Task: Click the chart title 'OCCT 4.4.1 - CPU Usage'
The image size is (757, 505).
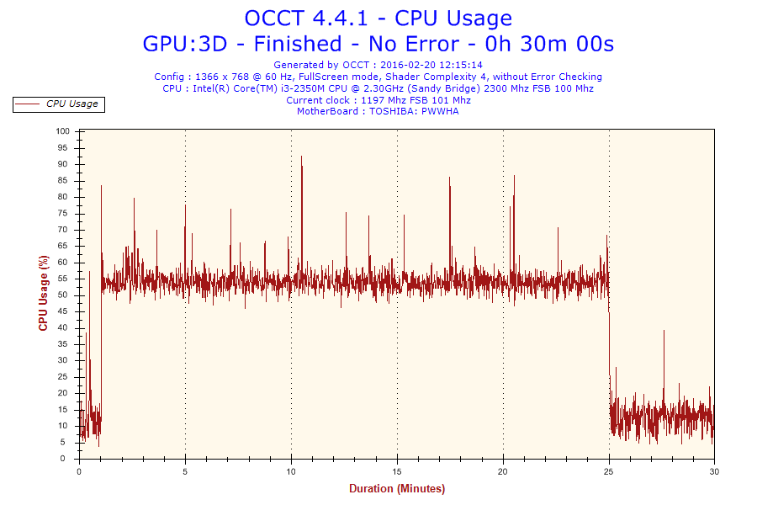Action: [378, 18]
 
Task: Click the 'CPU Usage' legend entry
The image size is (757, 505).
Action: [71, 104]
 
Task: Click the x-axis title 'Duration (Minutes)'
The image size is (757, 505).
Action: [397, 488]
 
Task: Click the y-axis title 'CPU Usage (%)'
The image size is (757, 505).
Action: [43, 293]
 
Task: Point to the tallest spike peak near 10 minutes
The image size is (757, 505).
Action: [301, 157]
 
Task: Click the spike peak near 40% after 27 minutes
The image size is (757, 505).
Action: [664, 331]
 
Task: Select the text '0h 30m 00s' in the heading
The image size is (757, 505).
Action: [554, 43]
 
